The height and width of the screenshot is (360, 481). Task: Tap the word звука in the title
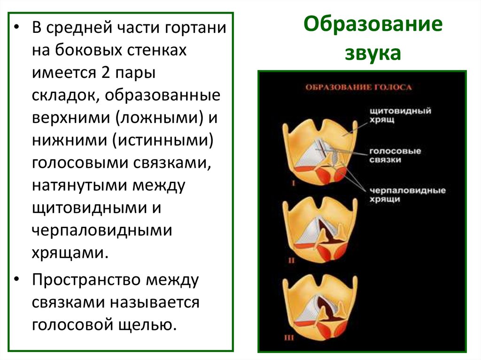click(373, 53)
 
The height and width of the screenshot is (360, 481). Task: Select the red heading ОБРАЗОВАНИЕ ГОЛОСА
click(358, 87)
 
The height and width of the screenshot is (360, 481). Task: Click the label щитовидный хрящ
click(400, 115)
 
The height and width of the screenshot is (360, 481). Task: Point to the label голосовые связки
click(395, 155)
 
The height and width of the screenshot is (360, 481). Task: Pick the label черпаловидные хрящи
click(407, 195)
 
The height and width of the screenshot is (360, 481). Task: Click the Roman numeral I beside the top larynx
click(293, 184)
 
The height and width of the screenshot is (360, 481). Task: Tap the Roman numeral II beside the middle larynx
click(291, 260)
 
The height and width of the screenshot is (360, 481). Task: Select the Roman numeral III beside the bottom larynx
click(289, 338)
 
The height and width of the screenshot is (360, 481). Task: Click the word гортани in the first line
click(195, 28)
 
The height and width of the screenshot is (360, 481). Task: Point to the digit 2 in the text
click(105, 73)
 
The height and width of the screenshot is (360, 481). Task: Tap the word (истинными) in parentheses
click(163, 141)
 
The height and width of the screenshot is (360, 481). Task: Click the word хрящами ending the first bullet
click(70, 253)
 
